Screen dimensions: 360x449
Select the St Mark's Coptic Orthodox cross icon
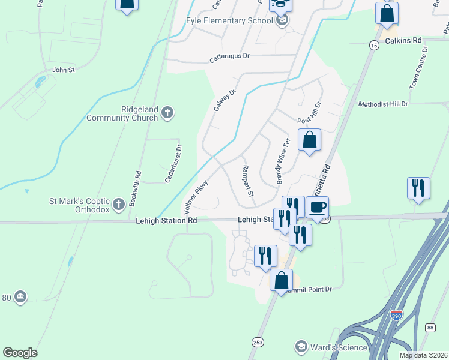tap(118, 203)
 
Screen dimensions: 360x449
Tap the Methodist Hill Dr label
tap(383, 104)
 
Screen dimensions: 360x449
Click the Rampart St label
tap(248, 182)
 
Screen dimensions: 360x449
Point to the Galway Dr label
tap(226, 100)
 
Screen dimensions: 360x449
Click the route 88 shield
tap(430, 327)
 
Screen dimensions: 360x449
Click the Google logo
tap(20, 353)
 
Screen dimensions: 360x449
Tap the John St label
tap(63, 70)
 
